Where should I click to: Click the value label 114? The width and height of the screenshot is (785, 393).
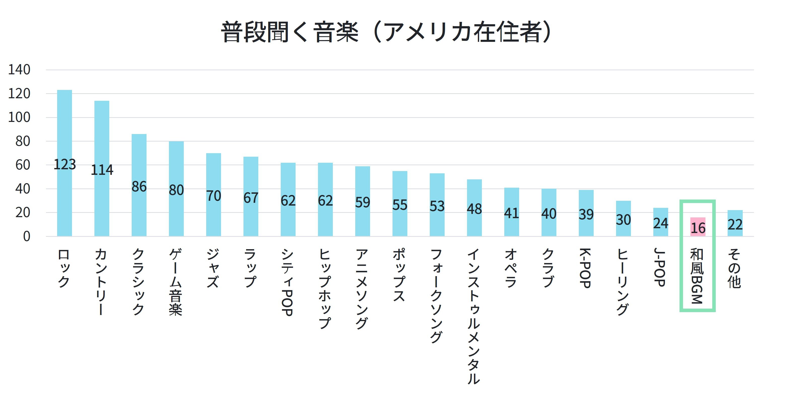tap(102, 170)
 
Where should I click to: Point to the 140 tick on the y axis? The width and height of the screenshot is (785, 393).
tap(19, 70)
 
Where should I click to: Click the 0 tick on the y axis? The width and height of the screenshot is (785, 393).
tap(27, 237)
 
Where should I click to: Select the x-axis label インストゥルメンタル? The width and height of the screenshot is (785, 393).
tap(474, 316)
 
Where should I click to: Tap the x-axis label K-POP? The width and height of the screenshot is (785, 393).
tap(585, 268)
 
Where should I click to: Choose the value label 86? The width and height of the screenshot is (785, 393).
tap(139, 187)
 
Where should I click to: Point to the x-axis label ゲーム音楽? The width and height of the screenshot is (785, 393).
tap(176, 282)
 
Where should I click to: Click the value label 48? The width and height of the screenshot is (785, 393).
tap(474, 209)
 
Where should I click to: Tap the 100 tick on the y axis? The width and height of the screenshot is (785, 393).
tap(19, 117)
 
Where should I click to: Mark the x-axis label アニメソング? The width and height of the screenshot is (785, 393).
tap(362, 288)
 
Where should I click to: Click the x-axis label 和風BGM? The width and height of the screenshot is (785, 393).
tap(697, 276)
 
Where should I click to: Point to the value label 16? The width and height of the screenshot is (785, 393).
tap(698, 228)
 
